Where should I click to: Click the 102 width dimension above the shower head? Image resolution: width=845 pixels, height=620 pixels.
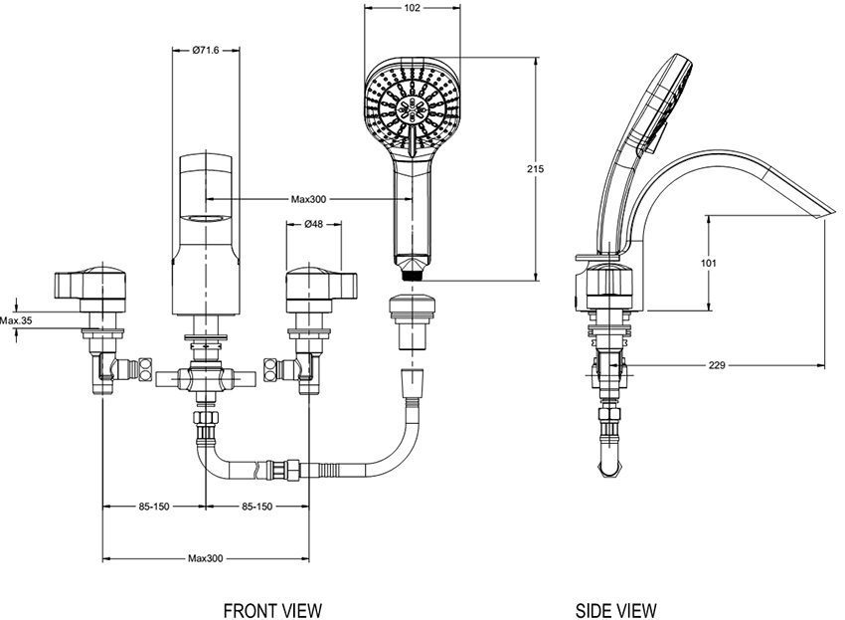tap(414, 8)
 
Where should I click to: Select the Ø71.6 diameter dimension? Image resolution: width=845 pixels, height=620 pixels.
tap(206, 50)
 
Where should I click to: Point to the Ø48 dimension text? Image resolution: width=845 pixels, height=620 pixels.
tap(312, 224)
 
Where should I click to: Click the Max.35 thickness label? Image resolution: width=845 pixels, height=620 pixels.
tap(17, 320)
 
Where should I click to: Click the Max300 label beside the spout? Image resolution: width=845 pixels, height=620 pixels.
tap(308, 199)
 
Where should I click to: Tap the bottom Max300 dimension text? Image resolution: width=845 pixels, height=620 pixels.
tap(206, 558)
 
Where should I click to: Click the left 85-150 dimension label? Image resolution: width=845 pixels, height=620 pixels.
tap(154, 507)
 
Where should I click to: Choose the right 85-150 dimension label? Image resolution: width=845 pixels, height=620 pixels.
tap(256, 507)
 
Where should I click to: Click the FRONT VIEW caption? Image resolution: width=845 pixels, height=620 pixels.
tap(271, 609)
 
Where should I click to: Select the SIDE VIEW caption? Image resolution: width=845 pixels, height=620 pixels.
tap(616, 609)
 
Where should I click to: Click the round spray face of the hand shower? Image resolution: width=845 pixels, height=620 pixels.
tap(413, 106)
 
